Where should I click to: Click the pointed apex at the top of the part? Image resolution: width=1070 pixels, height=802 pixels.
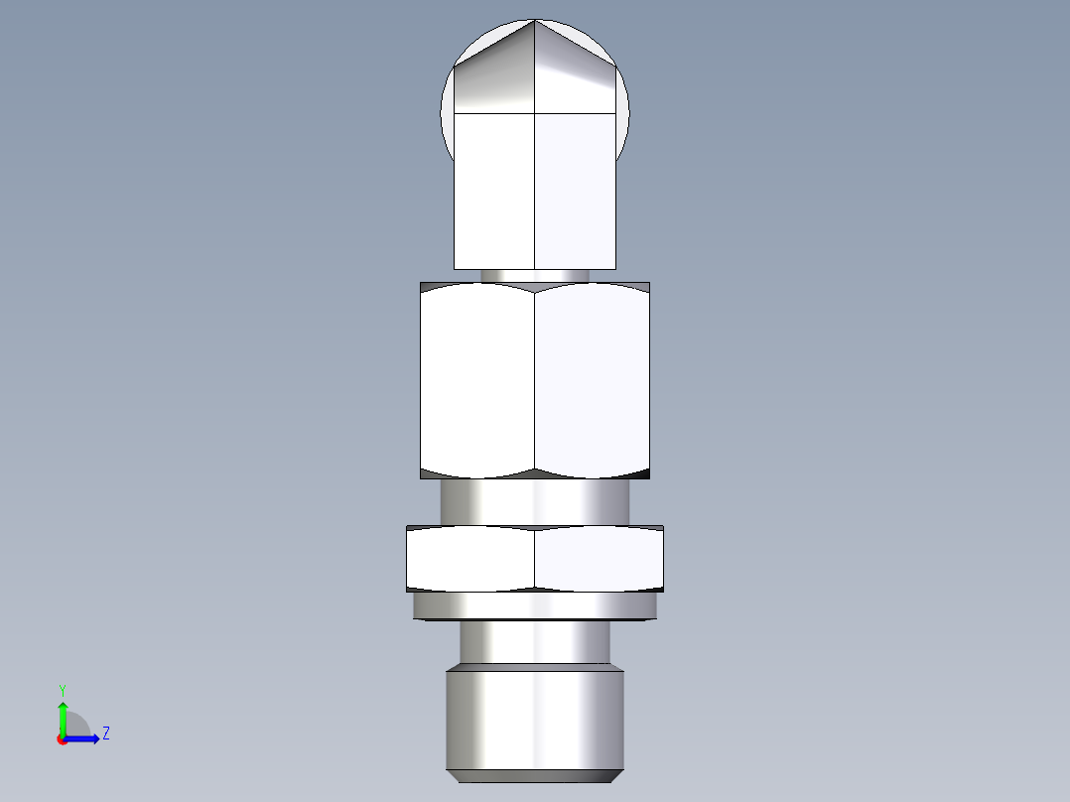535,21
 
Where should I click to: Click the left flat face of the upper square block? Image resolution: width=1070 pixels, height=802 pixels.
494,189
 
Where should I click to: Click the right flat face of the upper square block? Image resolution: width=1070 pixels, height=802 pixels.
576,189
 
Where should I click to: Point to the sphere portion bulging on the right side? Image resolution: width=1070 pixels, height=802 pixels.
622,119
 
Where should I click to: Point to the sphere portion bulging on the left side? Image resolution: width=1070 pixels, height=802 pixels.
447,119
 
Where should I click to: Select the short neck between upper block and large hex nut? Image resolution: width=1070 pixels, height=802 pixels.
535,275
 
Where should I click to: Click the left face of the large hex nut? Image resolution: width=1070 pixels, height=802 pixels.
477,377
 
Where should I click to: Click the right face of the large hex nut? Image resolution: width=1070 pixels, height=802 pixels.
593,377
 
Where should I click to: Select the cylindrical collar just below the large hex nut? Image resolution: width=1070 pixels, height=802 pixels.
535,501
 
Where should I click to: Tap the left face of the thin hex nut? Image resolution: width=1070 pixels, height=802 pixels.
470,560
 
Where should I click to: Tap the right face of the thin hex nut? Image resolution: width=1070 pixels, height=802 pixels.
600,560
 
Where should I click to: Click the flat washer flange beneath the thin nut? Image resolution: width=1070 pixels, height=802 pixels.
535,605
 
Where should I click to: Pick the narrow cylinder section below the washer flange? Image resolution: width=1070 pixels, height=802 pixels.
535,641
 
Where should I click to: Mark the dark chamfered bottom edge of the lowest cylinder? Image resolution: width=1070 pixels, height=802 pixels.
535,775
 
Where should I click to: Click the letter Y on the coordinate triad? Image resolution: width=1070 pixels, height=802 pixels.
62,689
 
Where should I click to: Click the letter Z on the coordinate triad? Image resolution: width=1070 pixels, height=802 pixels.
105,735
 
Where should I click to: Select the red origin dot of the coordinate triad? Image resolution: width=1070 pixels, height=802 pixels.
63,739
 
